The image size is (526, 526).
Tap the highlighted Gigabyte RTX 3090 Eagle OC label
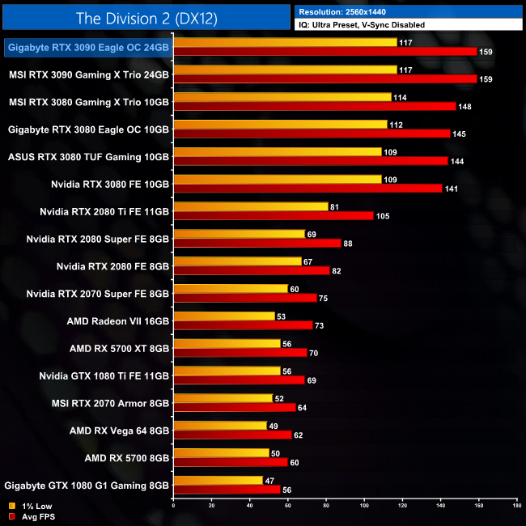88,48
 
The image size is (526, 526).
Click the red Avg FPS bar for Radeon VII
243,325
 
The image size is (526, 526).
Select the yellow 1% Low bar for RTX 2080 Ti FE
251,206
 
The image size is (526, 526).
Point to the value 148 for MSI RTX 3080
466,107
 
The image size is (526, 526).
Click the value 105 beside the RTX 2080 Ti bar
384,216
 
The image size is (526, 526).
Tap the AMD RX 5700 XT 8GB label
120,348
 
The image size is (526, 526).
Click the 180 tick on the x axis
516,507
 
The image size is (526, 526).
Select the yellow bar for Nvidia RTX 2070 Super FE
231,288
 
